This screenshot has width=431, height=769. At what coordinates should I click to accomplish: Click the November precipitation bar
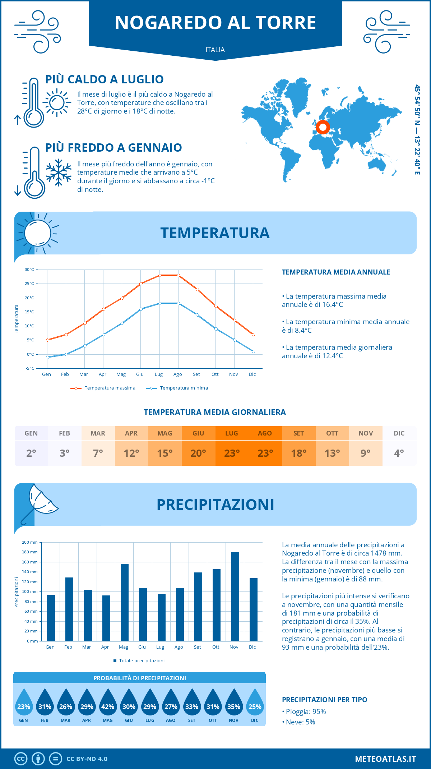click(235, 597)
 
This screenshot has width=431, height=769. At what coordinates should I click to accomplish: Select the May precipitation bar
click(125, 602)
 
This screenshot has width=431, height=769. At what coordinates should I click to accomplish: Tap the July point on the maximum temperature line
click(160, 275)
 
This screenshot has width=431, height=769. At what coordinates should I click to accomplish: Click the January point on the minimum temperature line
click(47, 357)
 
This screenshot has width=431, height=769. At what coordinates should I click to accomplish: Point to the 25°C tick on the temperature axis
click(29, 284)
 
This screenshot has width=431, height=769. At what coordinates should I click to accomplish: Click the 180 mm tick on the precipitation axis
click(30, 552)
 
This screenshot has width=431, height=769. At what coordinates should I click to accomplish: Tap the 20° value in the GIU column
click(198, 453)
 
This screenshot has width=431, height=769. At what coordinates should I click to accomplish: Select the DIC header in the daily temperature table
click(399, 433)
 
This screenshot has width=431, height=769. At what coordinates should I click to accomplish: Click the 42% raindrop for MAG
click(108, 706)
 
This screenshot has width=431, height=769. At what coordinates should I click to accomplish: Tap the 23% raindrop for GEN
click(24, 706)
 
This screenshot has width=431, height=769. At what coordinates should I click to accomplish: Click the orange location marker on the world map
click(323, 127)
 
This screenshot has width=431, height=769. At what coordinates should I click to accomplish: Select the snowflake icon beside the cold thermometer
click(59, 172)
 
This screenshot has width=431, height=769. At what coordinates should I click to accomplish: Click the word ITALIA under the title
click(215, 50)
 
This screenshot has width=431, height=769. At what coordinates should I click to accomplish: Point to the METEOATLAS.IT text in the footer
click(385, 759)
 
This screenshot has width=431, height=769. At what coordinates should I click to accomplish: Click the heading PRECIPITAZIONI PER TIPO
click(324, 700)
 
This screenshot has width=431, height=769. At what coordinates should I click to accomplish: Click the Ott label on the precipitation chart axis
click(215, 647)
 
